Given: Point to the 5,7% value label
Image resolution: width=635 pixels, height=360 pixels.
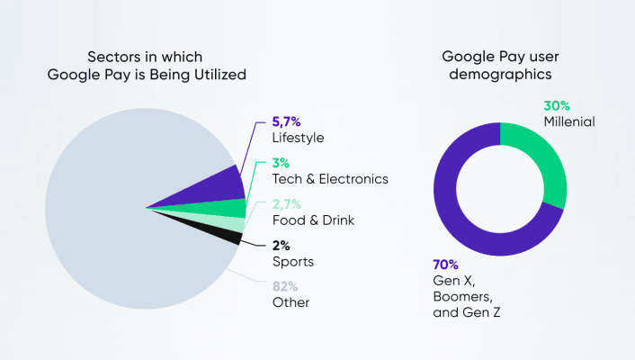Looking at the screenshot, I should (289, 121).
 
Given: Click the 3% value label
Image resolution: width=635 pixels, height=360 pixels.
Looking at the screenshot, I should (282, 163).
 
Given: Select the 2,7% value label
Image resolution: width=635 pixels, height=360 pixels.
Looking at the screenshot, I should (289, 203).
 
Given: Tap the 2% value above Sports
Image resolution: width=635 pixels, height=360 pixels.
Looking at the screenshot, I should (282, 245).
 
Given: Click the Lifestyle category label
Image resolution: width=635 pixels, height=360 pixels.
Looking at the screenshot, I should (298, 138).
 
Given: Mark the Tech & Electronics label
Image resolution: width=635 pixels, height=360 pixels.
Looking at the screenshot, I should (330, 179).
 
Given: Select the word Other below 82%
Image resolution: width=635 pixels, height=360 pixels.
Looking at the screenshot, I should (291, 302).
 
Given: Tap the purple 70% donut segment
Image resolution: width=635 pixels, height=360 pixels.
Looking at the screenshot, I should (459, 216).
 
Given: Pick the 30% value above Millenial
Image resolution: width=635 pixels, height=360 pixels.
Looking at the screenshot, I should (557, 104).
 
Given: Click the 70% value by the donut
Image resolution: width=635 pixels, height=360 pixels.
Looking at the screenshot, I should (446, 265).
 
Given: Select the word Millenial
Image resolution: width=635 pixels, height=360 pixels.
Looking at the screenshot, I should (569, 121).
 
